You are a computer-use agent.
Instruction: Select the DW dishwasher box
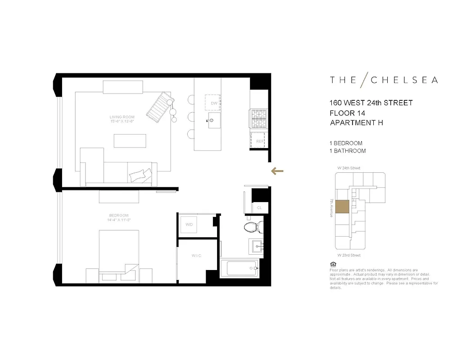tap(214, 103)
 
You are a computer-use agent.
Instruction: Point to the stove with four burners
tap(259, 119)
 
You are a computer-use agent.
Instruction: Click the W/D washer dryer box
tap(189, 225)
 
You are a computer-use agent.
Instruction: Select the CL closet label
tap(259, 208)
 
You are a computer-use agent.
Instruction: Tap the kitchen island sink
tap(213, 121)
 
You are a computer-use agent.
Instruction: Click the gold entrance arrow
tap(277, 171)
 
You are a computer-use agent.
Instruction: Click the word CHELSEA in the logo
tap(404, 80)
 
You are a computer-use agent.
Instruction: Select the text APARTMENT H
tap(356, 122)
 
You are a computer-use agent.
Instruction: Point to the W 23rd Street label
tap(349, 255)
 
